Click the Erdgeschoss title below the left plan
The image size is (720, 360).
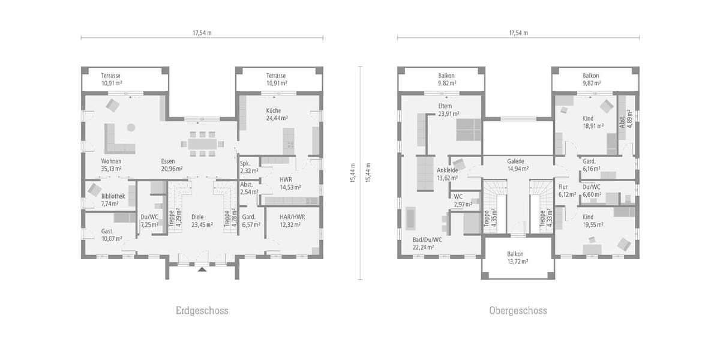(x=202, y=311)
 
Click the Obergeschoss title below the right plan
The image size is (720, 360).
(x=518, y=311)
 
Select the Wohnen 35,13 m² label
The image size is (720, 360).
(x=111, y=166)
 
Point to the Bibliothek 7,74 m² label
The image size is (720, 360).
(x=113, y=200)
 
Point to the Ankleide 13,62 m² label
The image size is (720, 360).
(x=448, y=174)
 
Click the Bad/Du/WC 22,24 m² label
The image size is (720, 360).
(x=427, y=242)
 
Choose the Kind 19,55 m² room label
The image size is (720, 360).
(x=592, y=221)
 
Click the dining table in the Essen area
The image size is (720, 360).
(x=203, y=144)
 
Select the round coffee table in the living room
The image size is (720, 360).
(x=131, y=127)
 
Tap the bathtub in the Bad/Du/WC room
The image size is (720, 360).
(x=411, y=218)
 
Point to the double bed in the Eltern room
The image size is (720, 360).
(x=469, y=129)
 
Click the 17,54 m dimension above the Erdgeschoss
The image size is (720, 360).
(x=202, y=32)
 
